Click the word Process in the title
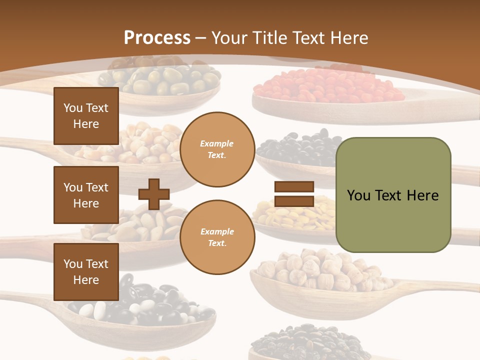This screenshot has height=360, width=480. coord(157,38)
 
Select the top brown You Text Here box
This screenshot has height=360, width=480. coord(86,116)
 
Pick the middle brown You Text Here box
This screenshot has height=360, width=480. coord(86,195)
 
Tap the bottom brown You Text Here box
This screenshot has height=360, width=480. coord(86,272)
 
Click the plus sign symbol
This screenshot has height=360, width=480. coord(154,194)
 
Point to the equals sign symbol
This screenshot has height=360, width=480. coord(294,194)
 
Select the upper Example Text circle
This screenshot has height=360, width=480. coord(217,149)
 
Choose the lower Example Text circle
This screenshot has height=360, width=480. coord(217,237)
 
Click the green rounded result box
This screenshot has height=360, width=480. coord(393,195)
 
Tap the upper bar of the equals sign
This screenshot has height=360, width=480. coord(294,187)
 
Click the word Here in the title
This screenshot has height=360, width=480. coord(348,38)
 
